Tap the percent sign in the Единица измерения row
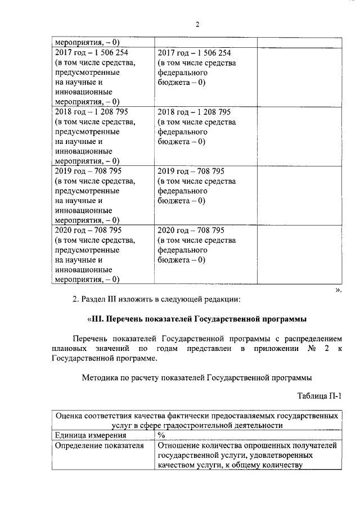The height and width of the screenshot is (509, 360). click(161, 435)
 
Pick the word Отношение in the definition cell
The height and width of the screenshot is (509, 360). click(180, 445)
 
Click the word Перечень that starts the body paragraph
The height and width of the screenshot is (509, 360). click(92, 340)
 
